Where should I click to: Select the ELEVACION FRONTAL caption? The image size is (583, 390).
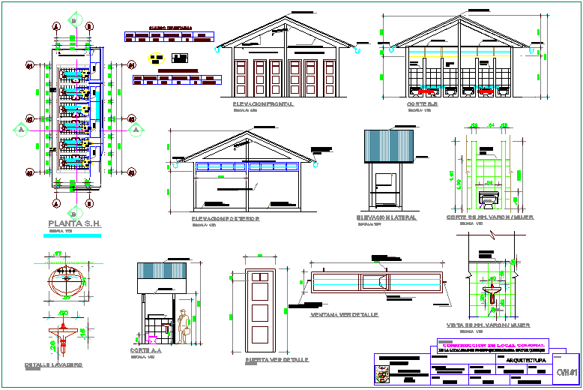pyautogui.click(x=263, y=104)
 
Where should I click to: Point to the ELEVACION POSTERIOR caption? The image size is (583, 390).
pyautogui.click(x=225, y=218)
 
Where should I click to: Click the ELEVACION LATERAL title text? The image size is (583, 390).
pyautogui.click(x=387, y=217)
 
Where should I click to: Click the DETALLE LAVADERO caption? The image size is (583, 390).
pyautogui.click(x=53, y=365)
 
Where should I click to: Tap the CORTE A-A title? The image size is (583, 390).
pyautogui.click(x=144, y=351)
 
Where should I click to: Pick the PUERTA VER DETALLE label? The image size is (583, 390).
pyautogui.click(x=277, y=360)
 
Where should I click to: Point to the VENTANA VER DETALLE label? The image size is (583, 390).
pyautogui.click(x=344, y=315)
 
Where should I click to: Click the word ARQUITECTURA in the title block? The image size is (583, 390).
pyautogui.click(x=525, y=361)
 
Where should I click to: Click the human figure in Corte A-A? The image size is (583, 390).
pyautogui.click(x=183, y=327)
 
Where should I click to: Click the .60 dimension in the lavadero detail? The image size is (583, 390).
pyautogui.click(x=64, y=312)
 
